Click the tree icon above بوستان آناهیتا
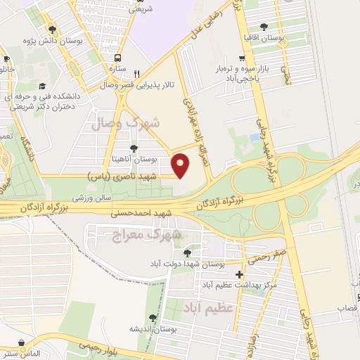(133, 148)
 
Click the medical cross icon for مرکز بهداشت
(239, 274)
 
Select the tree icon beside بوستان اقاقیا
(264, 26)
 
